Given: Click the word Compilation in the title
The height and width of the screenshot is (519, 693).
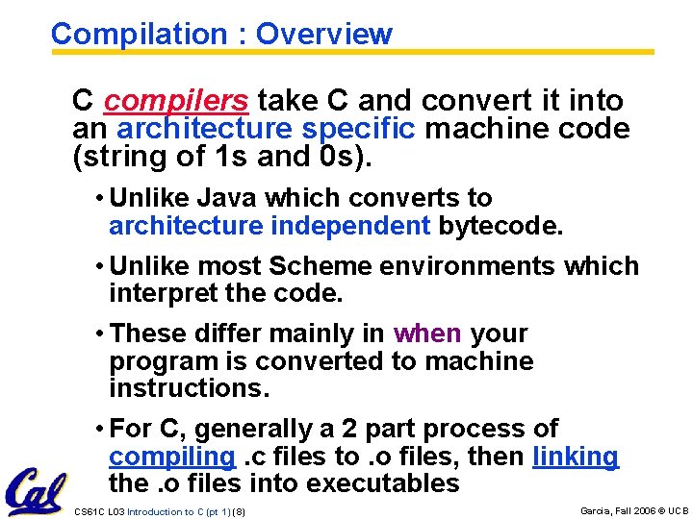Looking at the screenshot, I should point(139,35).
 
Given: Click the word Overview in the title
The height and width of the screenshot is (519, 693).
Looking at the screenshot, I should point(324,35).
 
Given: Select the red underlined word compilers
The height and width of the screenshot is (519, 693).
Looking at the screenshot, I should point(176,100).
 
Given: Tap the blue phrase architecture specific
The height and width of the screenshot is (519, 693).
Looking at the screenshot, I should point(266,129).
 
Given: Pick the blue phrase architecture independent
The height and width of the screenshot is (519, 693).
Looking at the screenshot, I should point(269,226).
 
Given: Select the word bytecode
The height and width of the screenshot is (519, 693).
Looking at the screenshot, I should point(499,226).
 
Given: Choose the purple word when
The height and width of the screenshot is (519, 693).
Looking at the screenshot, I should point(427,334).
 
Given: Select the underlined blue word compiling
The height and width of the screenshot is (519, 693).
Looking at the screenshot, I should point(172,457).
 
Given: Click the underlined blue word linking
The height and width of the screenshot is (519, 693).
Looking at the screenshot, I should point(575,457).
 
